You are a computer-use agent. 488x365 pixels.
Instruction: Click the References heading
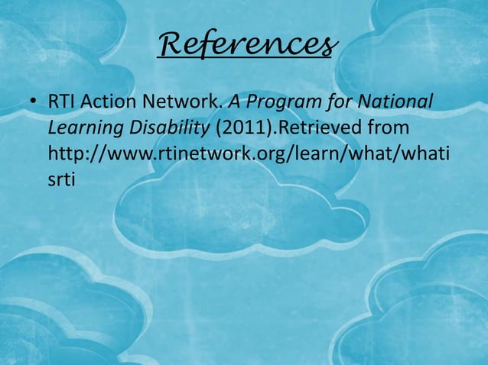pyautogui.click(x=246, y=45)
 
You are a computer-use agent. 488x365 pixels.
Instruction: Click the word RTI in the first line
pyautogui.click(x=61, y=102)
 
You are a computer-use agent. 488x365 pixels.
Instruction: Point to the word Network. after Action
pyautogui.click(x=181, y=102)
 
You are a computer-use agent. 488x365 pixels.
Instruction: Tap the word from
pyautogui.click(x=389, y=128)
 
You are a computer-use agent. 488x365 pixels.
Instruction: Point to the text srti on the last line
pyautogui.click(x=61, y=179)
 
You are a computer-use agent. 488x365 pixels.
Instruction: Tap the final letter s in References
pyautogui.click(x=327, y=47)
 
